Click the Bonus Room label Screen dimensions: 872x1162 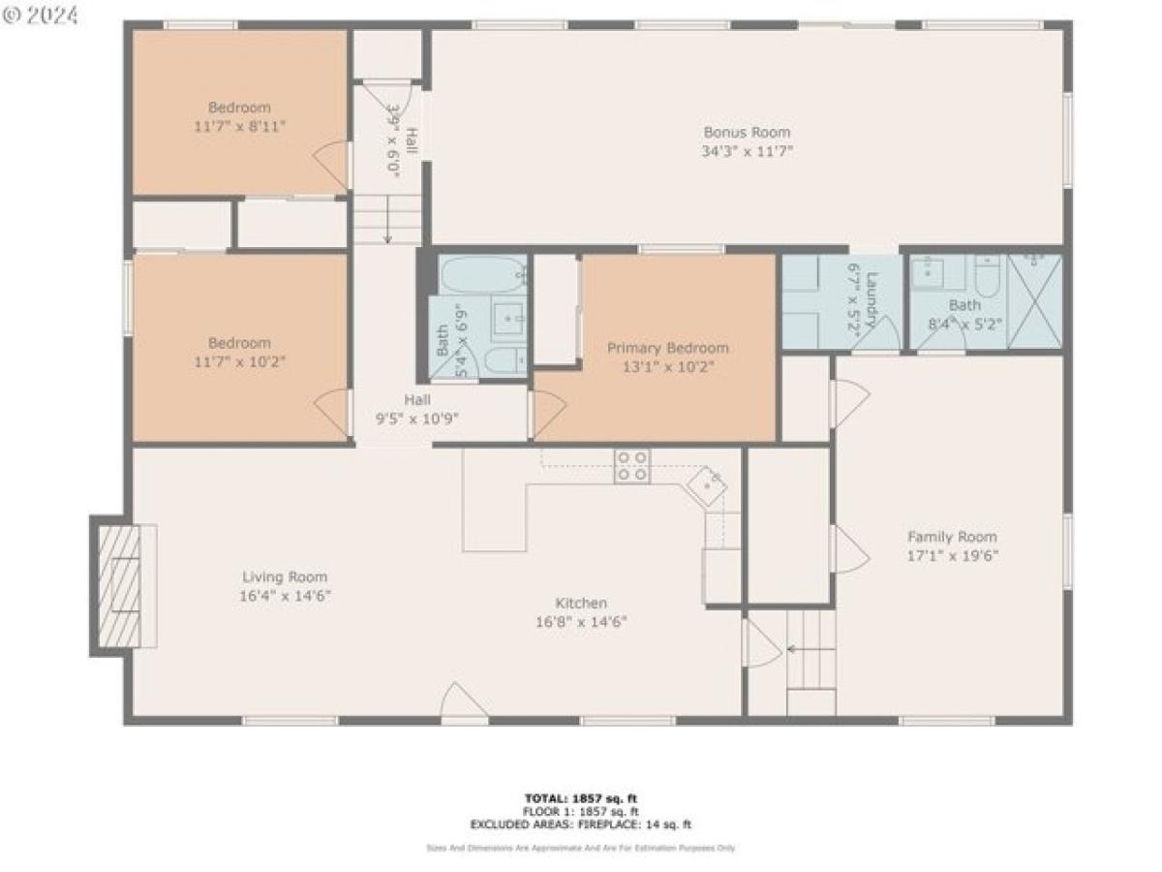coord(747,133)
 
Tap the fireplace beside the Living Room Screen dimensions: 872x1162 coord(122,586)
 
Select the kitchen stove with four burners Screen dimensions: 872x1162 coord(632,466)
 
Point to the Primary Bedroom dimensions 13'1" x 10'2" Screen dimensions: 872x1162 coord(667,367)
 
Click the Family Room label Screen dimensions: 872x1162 coord(951,537)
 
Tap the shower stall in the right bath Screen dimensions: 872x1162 coord(1034,299)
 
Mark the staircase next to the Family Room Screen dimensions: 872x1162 coord(810,649)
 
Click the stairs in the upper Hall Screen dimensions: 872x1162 coord(387,219)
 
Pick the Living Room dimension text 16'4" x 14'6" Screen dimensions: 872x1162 coord(285,596)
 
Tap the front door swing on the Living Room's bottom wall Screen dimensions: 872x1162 coord(463,702)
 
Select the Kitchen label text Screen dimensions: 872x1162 coord(581,603)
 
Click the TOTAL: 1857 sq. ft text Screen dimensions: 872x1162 coord(581,798)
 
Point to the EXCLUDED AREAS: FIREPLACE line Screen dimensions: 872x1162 coord(581,825)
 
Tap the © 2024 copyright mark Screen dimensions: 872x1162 coord(42,16)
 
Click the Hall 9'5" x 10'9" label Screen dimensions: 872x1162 coord(417,409)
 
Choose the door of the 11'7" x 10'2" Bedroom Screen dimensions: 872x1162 coord(335,412)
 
